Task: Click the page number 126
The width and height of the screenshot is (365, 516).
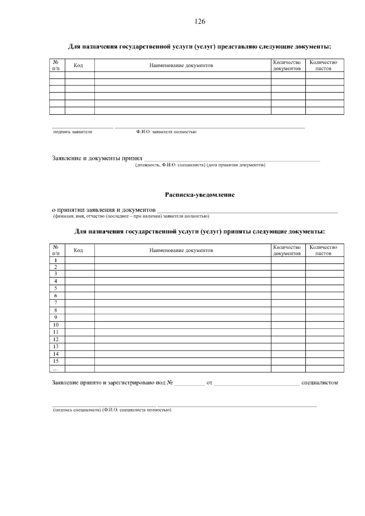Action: (x=200, y=22)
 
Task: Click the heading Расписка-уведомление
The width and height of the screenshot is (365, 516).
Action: (x=200, y=195)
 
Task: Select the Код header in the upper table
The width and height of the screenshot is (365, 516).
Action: (x=78, y=65)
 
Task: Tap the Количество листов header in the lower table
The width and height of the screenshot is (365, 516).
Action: (x=323, y=250)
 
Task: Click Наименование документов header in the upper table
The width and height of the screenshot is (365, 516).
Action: (x=181, y=65)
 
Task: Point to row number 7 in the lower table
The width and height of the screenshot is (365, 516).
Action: (x=56, y=303)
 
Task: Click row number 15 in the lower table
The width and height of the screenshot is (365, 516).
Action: (x=56, y=361)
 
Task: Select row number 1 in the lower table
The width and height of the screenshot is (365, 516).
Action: (x=56, y=260)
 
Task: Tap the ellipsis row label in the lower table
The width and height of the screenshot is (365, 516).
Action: (x=55, y=369)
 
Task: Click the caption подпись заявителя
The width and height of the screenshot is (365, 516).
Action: (x=72, y=132)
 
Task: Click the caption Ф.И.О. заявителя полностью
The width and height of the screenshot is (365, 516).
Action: (x=166, y=132)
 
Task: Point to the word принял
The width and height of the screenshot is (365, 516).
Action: (x=132, y=159)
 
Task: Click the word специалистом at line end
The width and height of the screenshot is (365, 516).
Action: (x=319, y=383)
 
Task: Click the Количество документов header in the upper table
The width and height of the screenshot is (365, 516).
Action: (x=287, y=65)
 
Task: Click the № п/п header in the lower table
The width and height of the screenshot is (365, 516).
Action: (x=56, y=250)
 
